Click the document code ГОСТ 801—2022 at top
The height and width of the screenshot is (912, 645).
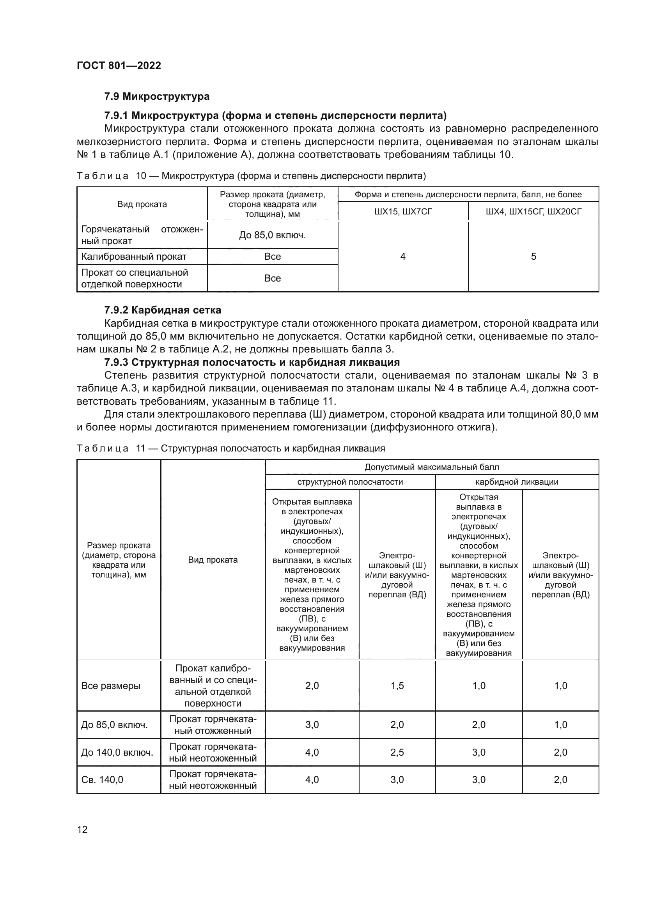(x=119, y=66)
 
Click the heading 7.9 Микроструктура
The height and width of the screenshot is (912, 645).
(x=156, y=97)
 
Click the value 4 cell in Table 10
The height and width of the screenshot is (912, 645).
(x=403, y=257)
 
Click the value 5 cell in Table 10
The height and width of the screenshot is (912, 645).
(x=533, y=257)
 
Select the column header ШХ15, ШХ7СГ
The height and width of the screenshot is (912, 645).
(x=403, y=212)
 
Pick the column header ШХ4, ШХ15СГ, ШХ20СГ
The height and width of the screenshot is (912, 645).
(x=533, y=212)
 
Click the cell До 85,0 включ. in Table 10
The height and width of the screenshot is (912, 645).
(x=273, y=235)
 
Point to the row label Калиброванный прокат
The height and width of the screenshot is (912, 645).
(x=134, y=257)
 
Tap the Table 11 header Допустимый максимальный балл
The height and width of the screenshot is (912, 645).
(x=432, y=467)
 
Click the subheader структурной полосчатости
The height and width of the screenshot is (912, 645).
(x=350, y=482)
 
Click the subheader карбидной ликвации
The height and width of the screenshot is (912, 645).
(x=517, y=482)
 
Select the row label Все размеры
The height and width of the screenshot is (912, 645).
(x=111, y=686)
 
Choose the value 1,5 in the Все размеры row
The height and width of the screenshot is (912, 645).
(x=397, y=686)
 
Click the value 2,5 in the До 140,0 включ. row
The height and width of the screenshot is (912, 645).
(x=397, y=752)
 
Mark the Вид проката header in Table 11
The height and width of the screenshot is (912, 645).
(x=213, y=560)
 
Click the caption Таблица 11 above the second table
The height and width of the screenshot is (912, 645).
(x=230, y=448)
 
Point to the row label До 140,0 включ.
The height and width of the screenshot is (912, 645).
(x=117, y=752)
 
